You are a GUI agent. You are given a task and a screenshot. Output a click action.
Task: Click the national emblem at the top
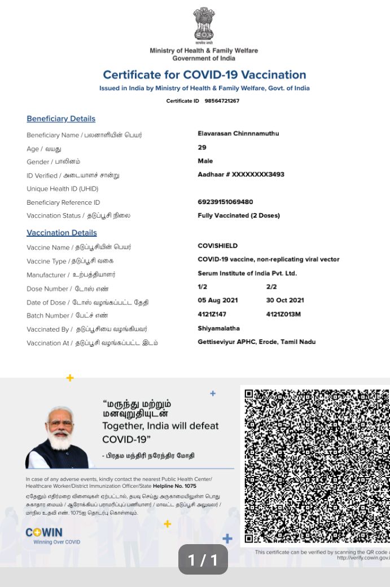[x=204, y=24]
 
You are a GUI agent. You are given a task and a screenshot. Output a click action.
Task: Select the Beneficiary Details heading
[x=61, y=119]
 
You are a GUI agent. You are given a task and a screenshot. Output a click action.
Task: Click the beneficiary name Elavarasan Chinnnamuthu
[x=238, y=134]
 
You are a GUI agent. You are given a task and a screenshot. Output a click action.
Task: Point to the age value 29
[x=202, y=147]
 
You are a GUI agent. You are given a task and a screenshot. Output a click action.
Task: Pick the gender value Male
[x=205, y=161]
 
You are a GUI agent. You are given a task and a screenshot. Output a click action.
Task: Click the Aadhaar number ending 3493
[x=241, y=175]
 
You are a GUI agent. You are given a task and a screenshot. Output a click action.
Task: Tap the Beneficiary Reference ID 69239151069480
[x=225, y=202]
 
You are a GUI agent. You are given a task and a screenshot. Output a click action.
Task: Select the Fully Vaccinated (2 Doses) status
[x=239, y=215]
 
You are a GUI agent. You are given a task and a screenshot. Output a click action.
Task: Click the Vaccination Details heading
[x=62, y=233]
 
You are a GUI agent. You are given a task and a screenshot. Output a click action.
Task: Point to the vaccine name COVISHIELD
[x=217, y=246]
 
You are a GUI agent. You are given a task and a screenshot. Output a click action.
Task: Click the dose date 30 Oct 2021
[x=285, y=301]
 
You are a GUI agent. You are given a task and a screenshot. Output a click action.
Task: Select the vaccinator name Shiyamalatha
[x=218, y=328]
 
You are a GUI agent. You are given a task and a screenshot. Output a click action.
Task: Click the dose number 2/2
[x=271, y=287]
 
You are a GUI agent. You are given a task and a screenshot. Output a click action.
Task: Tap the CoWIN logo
[x=44, y=533]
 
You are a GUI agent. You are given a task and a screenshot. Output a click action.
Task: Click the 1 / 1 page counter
[x=203, y=559]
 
